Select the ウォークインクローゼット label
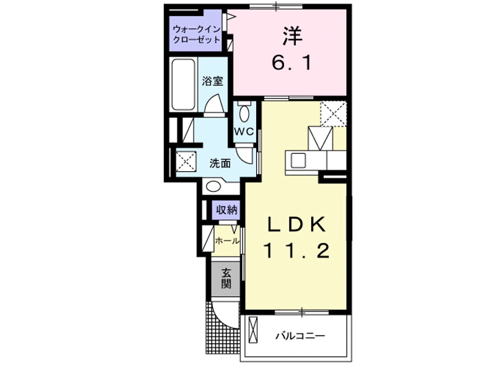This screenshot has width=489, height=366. [196, 34]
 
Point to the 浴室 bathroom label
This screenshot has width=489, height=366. [212, 81]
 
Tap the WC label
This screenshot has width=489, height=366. [243, 131]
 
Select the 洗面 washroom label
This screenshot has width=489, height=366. [220, 163]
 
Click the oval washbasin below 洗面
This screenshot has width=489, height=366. [213, 187]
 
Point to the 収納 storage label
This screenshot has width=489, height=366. [226, 209]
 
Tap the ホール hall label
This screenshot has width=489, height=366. [227, 241]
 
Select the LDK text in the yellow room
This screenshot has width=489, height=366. [296, 224]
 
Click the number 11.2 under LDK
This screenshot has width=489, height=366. [296, 250]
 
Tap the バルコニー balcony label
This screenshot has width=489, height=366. [301, 336]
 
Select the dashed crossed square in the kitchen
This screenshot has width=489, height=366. [333, 113]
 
